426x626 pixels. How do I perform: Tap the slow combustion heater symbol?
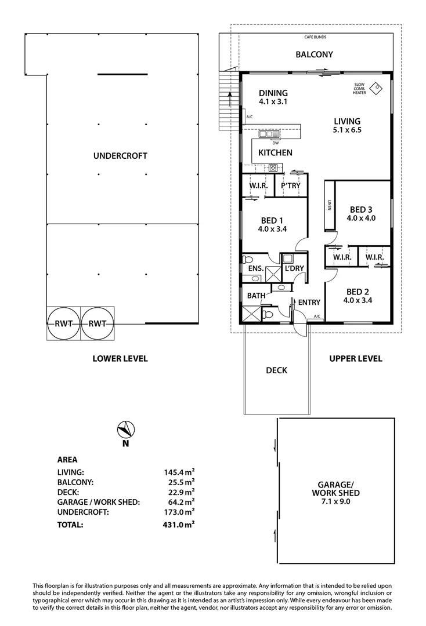377,88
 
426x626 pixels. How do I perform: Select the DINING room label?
273,93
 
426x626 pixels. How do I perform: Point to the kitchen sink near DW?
269,134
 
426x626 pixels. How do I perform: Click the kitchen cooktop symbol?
273,168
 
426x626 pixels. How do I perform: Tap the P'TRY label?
290,186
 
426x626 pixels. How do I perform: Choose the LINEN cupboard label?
329,205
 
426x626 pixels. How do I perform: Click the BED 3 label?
361,209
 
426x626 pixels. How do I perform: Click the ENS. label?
256,268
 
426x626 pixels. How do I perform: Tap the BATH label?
256,296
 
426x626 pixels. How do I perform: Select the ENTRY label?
309,302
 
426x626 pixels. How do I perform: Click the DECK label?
276,370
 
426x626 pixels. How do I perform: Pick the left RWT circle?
64,323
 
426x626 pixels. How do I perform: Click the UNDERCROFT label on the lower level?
120,156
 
